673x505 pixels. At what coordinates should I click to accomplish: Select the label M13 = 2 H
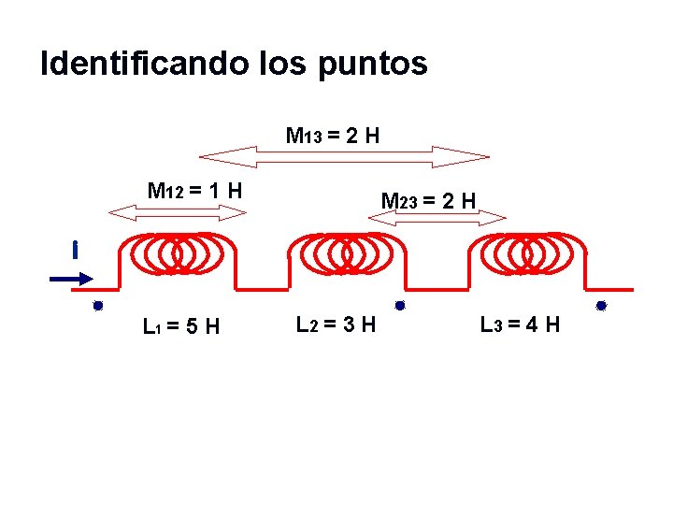coord(332,136)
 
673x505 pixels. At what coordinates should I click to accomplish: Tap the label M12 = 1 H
coord(195,191)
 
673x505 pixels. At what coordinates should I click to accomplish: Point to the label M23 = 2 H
coord(429,200)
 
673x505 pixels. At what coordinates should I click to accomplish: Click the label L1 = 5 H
coord(181,326)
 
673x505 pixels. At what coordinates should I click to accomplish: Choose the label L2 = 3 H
coord(336,325)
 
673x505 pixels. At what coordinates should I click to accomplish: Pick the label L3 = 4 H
coord(520,325)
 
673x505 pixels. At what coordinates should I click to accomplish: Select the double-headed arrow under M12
coord(178,212)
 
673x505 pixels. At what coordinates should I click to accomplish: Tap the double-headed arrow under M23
coord(437,218)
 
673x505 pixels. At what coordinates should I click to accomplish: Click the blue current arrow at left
coord(71,278)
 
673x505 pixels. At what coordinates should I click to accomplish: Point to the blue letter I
coord(73,250)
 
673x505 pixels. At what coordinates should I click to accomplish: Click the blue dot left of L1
coord(96,306)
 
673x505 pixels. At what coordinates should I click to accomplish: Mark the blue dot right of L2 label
coord(399,305)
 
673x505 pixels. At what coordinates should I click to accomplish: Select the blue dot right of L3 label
coord(601,306)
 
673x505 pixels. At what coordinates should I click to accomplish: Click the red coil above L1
coord(178,252)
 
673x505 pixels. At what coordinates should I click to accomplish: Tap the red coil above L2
coord(345,252)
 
